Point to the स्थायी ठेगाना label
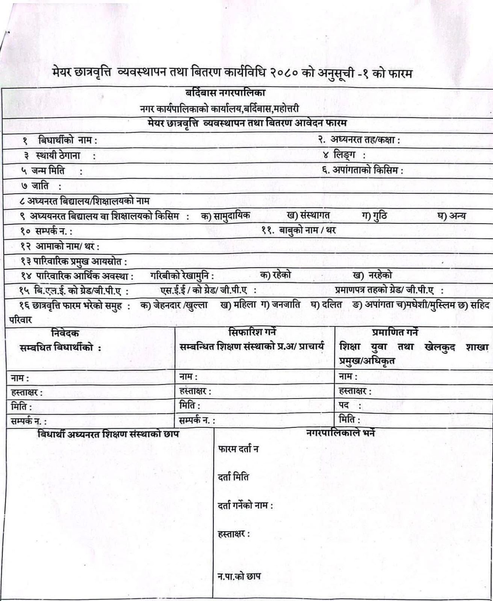58,155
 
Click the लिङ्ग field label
344,154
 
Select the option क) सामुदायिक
225,216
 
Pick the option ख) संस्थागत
308,215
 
